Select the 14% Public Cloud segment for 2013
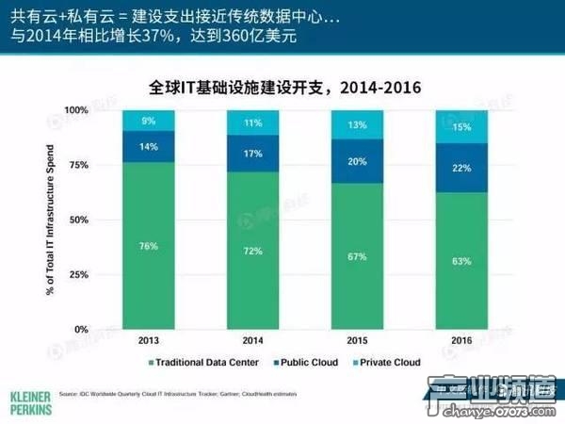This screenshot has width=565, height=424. [x=148, y=147]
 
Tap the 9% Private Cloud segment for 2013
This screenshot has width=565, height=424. [x=148, y=121]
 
